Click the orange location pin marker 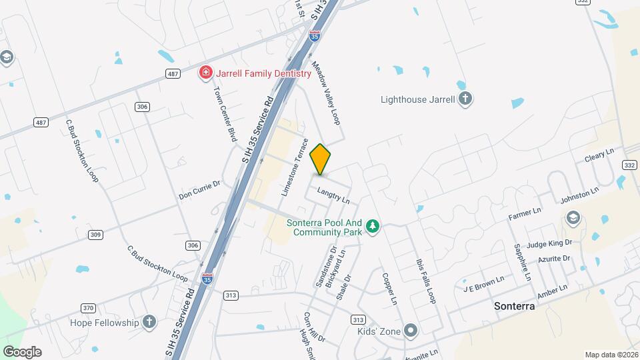click(320, 159)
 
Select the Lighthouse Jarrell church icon click(465, 100)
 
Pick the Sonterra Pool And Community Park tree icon click(373, 227)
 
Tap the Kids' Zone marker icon click(411, 329)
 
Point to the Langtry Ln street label click(333, 195)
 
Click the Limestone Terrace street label click(295, 167)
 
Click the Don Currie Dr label click(199, 190)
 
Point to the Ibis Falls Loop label click(425, 280)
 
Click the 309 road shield click(95, 235)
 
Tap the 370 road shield click(88, 307)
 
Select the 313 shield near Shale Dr click(358, 319)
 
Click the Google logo click(22, 351)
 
